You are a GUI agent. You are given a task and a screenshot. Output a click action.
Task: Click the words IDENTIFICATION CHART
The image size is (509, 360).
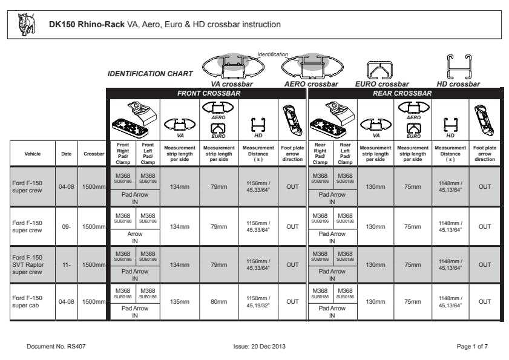(x=150, y=74)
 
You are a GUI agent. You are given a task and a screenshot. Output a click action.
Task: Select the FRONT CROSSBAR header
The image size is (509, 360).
(x=208, y=93)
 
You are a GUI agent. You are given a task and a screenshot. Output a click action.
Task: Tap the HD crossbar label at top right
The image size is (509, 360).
(x=458, y=84)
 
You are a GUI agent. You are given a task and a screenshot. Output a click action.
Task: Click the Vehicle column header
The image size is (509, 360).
(x=33, y=154)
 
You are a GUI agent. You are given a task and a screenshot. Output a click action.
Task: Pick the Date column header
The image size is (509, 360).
(x=66, y=154)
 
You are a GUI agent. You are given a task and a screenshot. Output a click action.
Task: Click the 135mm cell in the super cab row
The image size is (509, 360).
(x=180, y=301)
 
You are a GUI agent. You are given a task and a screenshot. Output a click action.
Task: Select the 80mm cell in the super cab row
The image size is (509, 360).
(x=218, y=301)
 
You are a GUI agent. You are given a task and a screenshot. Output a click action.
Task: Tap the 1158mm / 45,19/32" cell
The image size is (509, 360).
(x=258, y=301)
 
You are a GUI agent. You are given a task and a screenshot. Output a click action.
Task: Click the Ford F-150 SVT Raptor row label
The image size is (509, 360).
(x=28, y=264)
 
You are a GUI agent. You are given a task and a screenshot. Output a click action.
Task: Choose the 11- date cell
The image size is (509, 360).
(x=66, y=264)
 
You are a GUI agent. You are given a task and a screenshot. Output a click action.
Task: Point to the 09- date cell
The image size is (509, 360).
(x=66, y=227)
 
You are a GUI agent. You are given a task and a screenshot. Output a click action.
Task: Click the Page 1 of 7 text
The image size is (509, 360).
(x=472, y=346)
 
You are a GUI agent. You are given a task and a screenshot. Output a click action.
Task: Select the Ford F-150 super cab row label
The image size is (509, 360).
(x=28, y=301)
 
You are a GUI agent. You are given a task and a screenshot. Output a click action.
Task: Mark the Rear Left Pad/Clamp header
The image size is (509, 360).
(x=345, y=154)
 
